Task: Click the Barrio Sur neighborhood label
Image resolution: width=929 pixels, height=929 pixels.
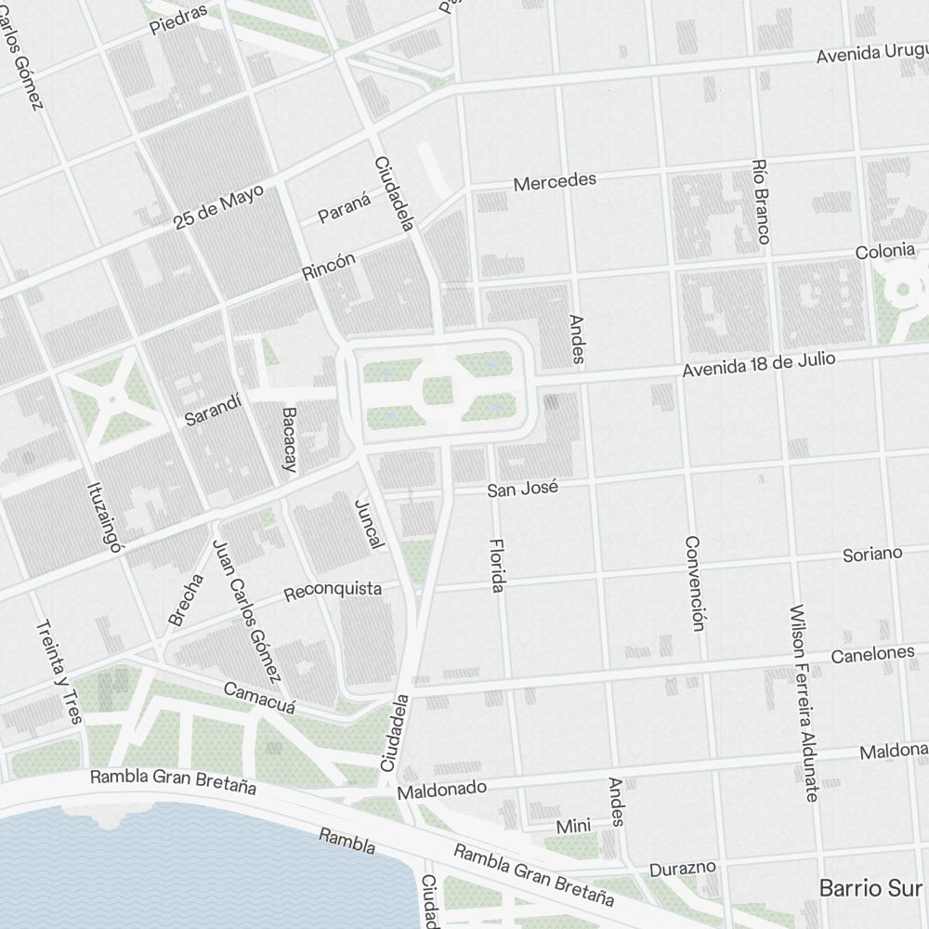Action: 870,887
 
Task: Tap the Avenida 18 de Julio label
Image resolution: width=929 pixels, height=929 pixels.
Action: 759,364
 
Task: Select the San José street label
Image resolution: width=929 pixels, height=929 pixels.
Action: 523,487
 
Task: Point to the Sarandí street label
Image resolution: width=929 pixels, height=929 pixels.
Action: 213,410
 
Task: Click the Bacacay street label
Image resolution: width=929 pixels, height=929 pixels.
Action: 289,440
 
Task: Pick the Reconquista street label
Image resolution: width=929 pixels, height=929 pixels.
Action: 333,590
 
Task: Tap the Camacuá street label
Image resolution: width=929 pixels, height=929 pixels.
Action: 259,699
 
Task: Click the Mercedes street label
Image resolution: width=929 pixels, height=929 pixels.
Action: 555,180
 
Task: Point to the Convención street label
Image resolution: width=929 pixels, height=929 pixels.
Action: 693,583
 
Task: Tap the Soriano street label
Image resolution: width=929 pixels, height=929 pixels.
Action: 871,555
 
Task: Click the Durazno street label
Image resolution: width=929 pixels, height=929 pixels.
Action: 683,870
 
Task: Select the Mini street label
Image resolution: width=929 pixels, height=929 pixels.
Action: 573,827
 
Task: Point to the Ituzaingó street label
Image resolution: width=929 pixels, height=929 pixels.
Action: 105,517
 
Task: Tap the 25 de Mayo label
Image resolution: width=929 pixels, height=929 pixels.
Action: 218,206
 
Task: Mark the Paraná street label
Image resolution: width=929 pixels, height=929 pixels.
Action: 345,209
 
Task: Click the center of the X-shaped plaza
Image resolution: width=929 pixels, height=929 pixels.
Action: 112,399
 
